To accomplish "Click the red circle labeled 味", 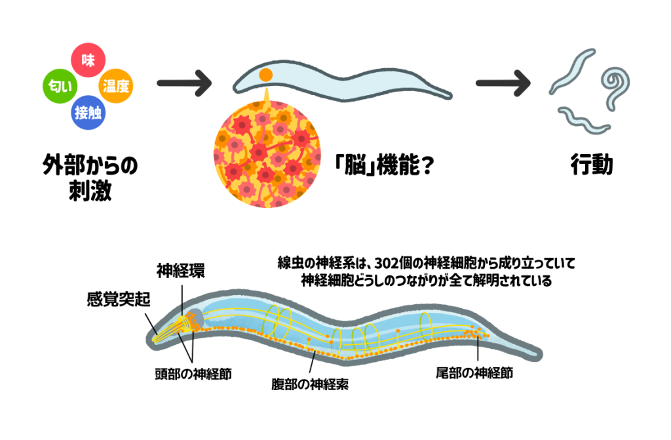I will tap(88, 60).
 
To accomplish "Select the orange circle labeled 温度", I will tap(116, 85).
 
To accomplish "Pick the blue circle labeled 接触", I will tap(88, 111).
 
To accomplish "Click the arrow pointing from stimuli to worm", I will tap(184, 84).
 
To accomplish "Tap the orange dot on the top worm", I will tap(265, 75).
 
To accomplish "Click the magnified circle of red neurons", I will tap(267, 155).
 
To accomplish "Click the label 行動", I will tap(591, 165).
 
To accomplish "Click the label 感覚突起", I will tap(119, 299).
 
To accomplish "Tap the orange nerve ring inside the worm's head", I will tap(192, 319).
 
